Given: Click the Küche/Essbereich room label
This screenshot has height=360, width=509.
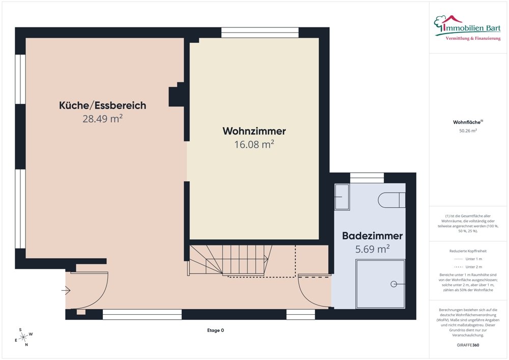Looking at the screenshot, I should (x=103, y=105).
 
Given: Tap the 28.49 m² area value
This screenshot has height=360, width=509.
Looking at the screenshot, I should (x=103, y=119).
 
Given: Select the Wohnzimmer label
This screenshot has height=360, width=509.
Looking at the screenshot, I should (x=254, y=131).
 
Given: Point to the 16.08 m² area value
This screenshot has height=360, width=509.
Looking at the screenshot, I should (x=254, y=145).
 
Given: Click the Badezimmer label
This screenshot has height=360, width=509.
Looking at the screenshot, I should (x=372, y=236).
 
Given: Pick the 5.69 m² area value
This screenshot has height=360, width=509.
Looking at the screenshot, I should (x=372, y=249).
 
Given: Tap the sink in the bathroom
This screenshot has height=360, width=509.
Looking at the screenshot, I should (x=342, y=197).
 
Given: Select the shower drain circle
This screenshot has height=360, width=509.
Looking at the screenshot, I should (x=393, y=284).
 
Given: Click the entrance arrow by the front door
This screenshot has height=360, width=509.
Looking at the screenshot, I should (x=66, y=291).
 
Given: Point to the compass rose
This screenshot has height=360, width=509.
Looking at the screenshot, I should (x=23, y=337).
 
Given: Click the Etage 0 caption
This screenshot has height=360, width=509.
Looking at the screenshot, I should (x=215, y=330).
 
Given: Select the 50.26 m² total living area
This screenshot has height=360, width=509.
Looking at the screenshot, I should (x=468, y=131).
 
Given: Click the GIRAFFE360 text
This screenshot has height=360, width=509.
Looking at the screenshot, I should (x=468, y=345).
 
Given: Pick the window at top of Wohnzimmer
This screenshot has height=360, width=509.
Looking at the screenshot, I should (x=259, y=33).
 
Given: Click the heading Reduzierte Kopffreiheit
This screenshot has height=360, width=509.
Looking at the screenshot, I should (x=468, y=251).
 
